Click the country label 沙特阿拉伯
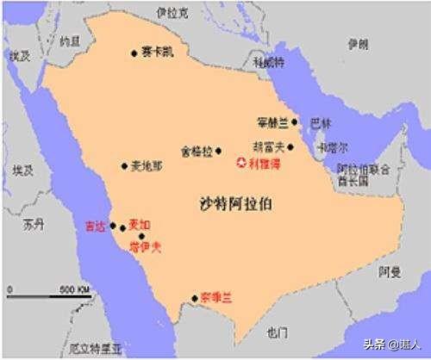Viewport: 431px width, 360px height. (x=235, y=204)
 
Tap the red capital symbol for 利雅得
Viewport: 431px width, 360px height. (x=241, y=162)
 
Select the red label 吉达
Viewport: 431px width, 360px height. (x=95, y=227)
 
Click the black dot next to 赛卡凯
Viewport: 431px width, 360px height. (x=134, y=53)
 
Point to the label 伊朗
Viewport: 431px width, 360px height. (x=357, y=43)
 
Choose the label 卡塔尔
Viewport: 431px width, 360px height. (x=331, y=147)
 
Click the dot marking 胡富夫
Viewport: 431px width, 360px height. (x=290, y=147)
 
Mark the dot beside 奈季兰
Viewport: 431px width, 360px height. (x=195, y=299)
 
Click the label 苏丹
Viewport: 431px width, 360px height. (x=33, y=226)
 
